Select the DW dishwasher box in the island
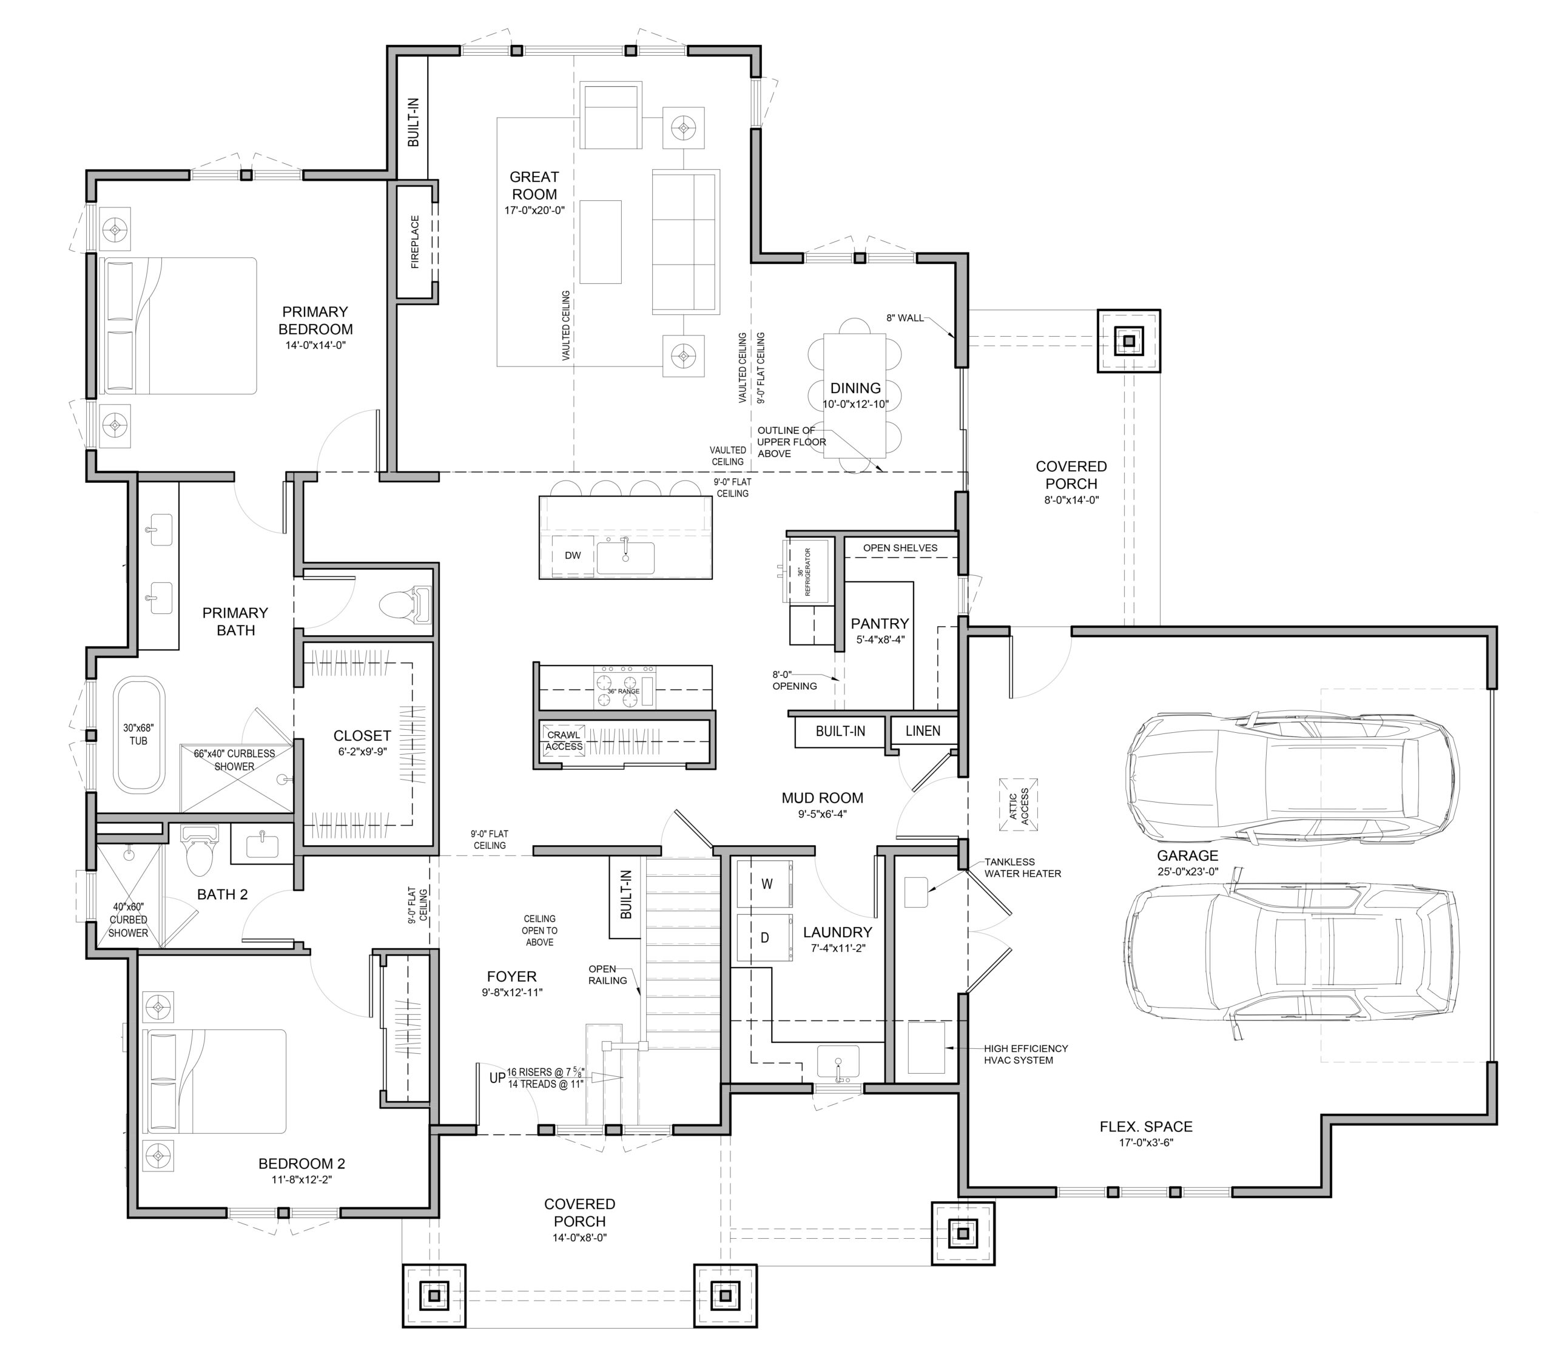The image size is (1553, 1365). [x=573, y=556]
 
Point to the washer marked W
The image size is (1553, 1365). [x=765, y=884]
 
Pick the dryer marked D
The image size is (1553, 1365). [x=765, y=937]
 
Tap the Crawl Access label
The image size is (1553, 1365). [x=564, y=741]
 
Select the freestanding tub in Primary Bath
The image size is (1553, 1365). [x=139, y=735]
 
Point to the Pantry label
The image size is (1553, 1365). [x=880, y=623]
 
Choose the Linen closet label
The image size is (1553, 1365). [x=923, y=731]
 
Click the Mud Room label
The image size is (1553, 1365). [x=822, y=798]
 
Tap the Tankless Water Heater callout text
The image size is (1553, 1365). [x=1023, y=868]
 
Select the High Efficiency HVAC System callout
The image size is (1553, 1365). [x=1026, y=1054]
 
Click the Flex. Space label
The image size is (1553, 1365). [x=1146, y=1127]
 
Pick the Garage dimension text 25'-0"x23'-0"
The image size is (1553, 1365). [x=1188, y=872]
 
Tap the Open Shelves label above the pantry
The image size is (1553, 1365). [x=900, y=548]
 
